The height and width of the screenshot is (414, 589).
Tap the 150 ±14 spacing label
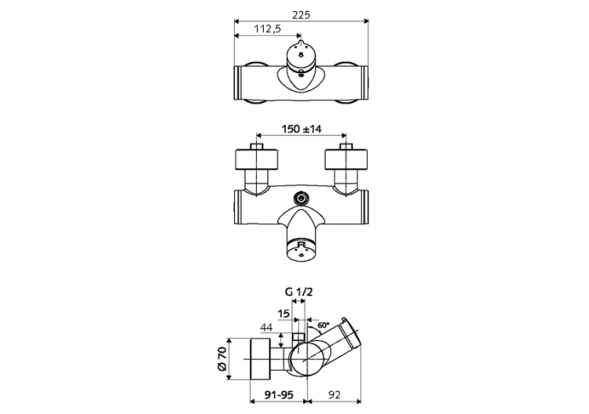302,130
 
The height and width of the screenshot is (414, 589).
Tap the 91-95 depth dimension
276,397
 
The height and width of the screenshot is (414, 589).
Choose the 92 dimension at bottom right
335,397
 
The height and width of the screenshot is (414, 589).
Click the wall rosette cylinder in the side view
258,361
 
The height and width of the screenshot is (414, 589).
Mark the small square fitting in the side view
298,339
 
